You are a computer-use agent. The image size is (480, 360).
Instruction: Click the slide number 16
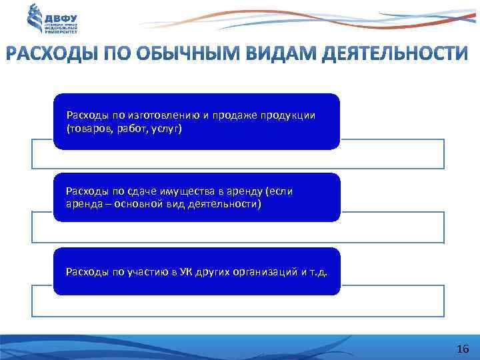[463, 349]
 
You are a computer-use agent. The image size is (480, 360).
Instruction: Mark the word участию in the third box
[147, 271]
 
